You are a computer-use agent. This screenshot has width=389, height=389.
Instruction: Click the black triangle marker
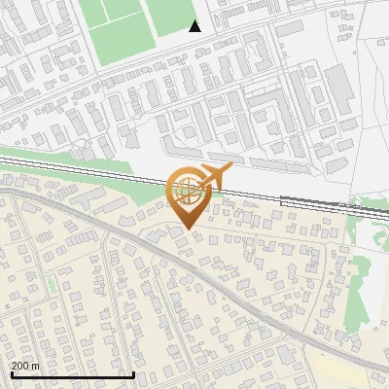(194, 26)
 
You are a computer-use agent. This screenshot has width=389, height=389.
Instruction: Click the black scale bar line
(73, 374)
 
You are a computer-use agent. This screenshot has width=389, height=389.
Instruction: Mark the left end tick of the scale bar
(12, 372)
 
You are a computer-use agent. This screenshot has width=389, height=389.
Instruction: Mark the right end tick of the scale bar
(133, 372)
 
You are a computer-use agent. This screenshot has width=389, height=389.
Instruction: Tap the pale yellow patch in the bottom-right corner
(350, 370)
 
